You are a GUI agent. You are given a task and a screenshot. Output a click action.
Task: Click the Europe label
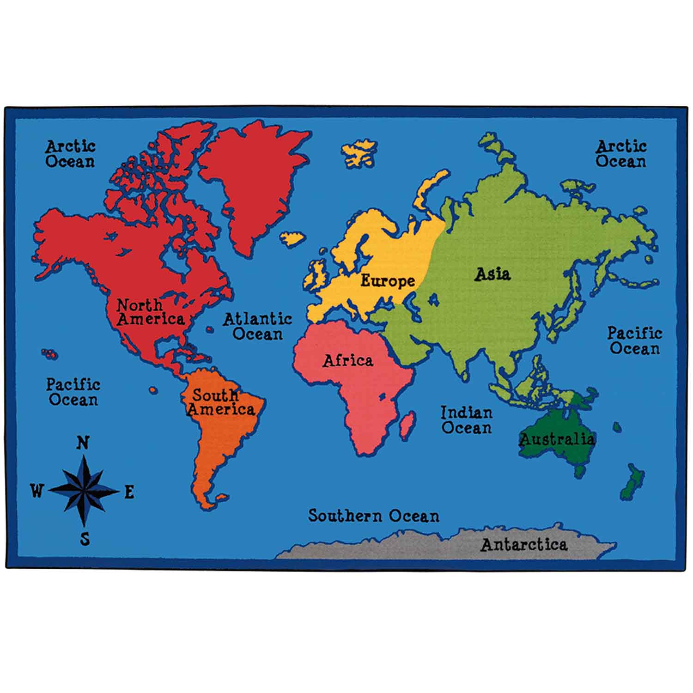[x=387, y=280]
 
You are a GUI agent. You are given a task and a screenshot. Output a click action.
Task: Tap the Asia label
[x=493, y=274]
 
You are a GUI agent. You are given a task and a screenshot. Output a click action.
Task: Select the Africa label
[x=347, y=360]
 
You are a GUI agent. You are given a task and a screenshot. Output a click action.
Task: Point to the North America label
[x=150, y=312]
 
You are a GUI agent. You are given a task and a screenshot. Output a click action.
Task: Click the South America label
[x=220, y=402]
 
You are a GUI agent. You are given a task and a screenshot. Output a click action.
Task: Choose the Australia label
[x=557, y=439]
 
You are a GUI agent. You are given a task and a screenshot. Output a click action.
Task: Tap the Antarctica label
[x=524, y=545]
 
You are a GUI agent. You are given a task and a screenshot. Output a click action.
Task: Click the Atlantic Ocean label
[x=257, y=326]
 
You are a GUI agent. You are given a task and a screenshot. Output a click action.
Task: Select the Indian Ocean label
[x=466, y=420]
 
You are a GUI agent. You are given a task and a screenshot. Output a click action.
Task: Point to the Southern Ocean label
[x=374, y=516]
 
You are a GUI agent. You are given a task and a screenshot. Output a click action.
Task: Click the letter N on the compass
[x=82, y=443]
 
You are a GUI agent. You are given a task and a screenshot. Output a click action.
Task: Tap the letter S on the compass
[x=85, y=539]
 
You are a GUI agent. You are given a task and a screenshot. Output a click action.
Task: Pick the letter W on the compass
[x=36, y=491]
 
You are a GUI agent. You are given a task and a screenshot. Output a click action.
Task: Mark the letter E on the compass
[x=129, y=492]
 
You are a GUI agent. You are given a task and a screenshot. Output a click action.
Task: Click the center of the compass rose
[x=84, y=490]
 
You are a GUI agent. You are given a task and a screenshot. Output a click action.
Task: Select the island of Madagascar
[x=407, y=425]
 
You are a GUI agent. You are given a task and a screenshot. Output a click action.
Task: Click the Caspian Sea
[x=433, y=300]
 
